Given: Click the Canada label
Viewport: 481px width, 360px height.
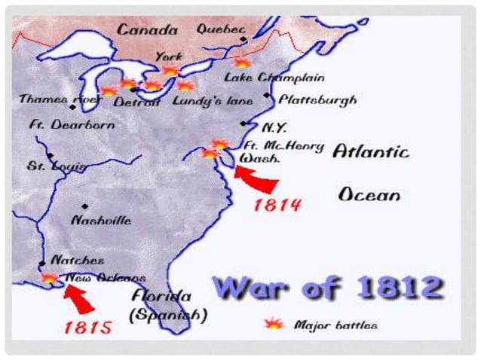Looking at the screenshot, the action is coord(146,30).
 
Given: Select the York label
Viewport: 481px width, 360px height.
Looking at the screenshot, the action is coord(168,56).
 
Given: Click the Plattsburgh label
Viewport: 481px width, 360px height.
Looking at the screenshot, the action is coord(317,99).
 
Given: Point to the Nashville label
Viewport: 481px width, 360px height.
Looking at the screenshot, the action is coord(100,220).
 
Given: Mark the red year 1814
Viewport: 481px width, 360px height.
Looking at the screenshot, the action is coord(277,203).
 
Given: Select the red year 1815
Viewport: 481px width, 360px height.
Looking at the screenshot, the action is coord(88,327).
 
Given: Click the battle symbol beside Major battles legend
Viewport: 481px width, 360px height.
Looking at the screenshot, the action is coord(274,324).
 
